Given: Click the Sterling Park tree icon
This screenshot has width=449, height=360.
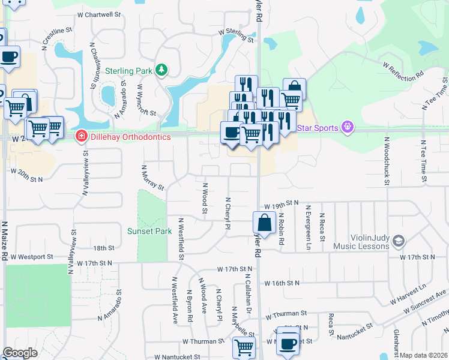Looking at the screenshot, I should [161, 71].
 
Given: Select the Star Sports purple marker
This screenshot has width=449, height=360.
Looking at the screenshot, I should [346, 127].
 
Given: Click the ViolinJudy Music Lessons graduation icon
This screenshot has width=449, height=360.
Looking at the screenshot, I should [398, 241].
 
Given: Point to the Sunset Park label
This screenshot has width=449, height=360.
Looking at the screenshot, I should [149, 231].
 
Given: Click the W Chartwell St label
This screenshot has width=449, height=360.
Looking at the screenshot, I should [99, 14].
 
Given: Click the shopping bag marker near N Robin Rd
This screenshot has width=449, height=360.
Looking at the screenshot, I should [264, 223].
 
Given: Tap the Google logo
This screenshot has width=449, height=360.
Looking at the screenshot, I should [20, 353].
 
